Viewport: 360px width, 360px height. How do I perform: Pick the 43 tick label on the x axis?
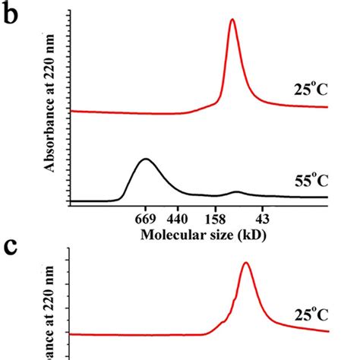point(263,215)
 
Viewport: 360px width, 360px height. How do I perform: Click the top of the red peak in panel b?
point(232,21)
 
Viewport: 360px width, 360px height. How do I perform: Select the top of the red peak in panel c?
point(245,264)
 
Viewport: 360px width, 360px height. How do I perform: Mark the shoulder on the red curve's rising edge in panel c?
point(224,322)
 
